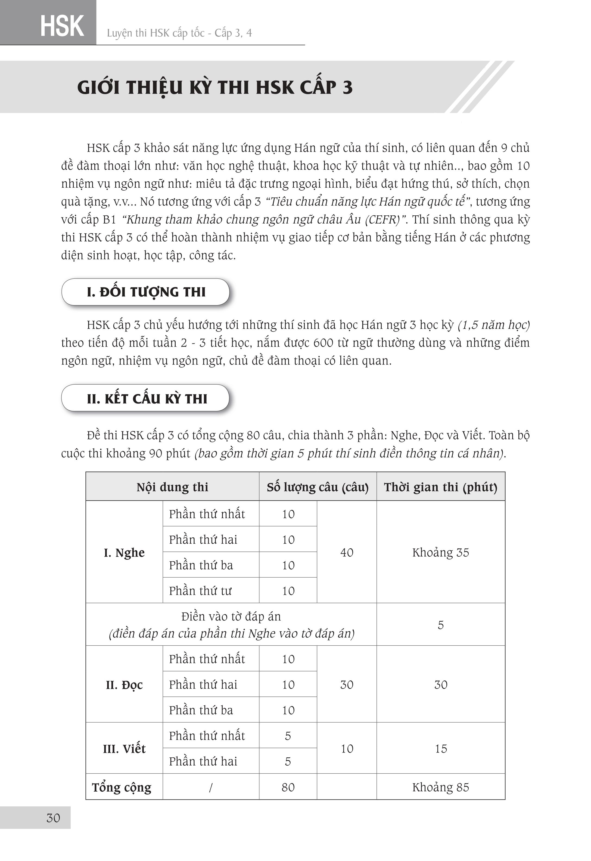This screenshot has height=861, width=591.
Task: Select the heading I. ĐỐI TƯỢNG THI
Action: pos(146,292)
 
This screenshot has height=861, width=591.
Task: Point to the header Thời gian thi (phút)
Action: pos(440,487)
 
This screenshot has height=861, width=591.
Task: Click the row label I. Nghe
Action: pos(124,552)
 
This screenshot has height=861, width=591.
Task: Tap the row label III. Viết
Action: pos(124,749)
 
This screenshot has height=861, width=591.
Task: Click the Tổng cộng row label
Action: pos(122,787)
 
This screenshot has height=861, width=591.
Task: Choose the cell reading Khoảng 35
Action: pos(440,552)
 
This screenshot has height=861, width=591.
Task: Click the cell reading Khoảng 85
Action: pos(440,787)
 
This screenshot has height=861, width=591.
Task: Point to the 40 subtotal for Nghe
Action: pos(347,552)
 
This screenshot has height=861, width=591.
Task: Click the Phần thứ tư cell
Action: pos(200,591)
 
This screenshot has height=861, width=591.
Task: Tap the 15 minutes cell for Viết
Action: pos(440,749)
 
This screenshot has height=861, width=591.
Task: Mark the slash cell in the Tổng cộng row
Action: pos(210,787)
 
